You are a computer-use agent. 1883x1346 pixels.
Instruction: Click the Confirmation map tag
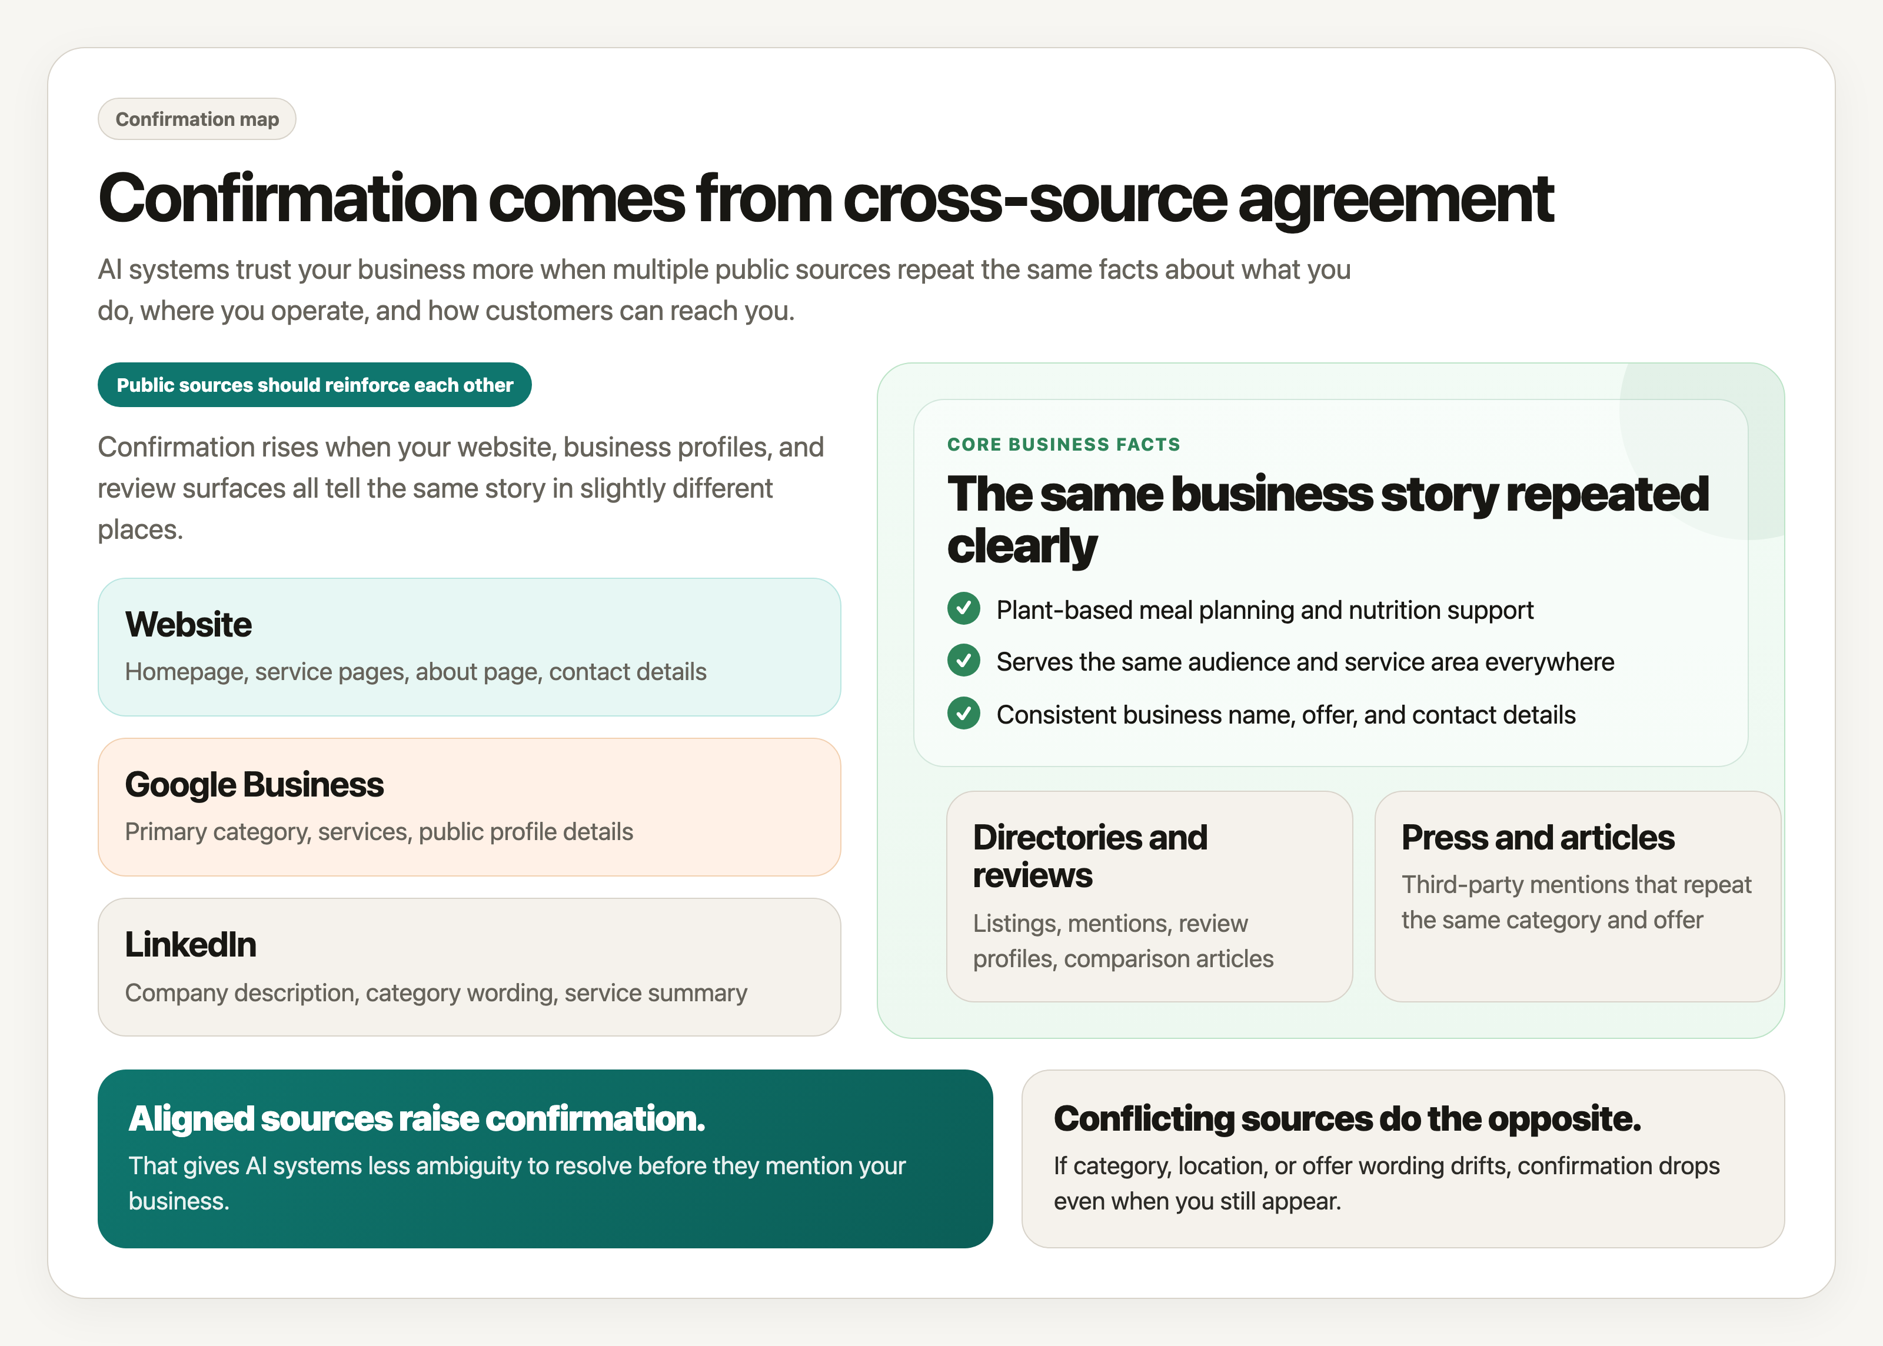click(x=197, y=119)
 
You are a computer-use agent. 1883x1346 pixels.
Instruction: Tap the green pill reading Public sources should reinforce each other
click(x=314, y=385)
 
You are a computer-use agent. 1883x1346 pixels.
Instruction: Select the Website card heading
click(x=188, y=625)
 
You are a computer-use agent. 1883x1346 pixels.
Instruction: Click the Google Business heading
click(x=254, y=785)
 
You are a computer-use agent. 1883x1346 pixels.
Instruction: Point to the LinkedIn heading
click(x=191, y=945)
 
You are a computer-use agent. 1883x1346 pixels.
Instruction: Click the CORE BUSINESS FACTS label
click(x=1063, y=445)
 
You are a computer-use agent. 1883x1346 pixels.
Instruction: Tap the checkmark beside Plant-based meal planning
click(x=963, y=609)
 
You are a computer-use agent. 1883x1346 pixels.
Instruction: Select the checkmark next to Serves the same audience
click(x=963, y=661)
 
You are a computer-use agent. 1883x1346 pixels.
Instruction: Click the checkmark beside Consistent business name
click(x=963, y=714)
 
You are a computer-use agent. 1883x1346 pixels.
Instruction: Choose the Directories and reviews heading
click(x=1089, y=856)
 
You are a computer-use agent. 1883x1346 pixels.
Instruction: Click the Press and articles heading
click(x=1538, y=838)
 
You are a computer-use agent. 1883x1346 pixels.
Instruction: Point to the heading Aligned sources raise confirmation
click(x=416, y=1119)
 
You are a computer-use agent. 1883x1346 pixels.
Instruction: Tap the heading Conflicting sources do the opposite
click(x=1347, y=1119)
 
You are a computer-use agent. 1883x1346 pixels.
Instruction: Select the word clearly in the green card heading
click(x=1022, y=547)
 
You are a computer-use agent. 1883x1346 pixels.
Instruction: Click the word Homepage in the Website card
click(x=185, y=672)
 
